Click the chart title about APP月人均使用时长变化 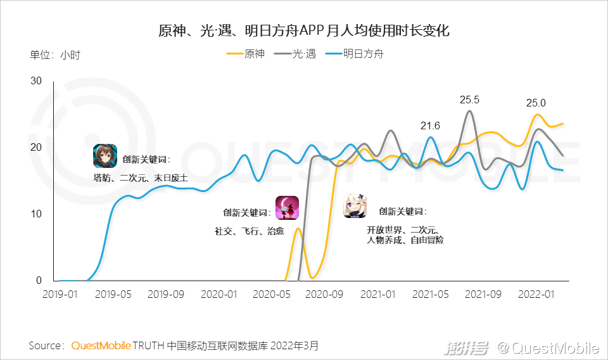(x=304, y=30)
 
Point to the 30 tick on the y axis (x=36, y=80)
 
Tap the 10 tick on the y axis (x=36, y=214)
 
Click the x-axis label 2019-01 (x=60, y=294)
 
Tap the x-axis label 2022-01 (x=536, y=294)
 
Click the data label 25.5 (x=469, y=100)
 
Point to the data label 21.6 (x=430, y=125)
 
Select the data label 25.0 (x=536, y=103)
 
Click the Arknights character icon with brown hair (x=104, y=156)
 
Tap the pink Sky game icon (x=287, y=208)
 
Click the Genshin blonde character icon (x=355, y=206)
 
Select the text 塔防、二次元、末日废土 (x=140, y=179)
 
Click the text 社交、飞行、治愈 (x=249, y=231)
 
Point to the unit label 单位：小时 (x=55, y=55)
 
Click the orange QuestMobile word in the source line (x=101, y=345)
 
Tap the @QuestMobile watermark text (x=548, y=347)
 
